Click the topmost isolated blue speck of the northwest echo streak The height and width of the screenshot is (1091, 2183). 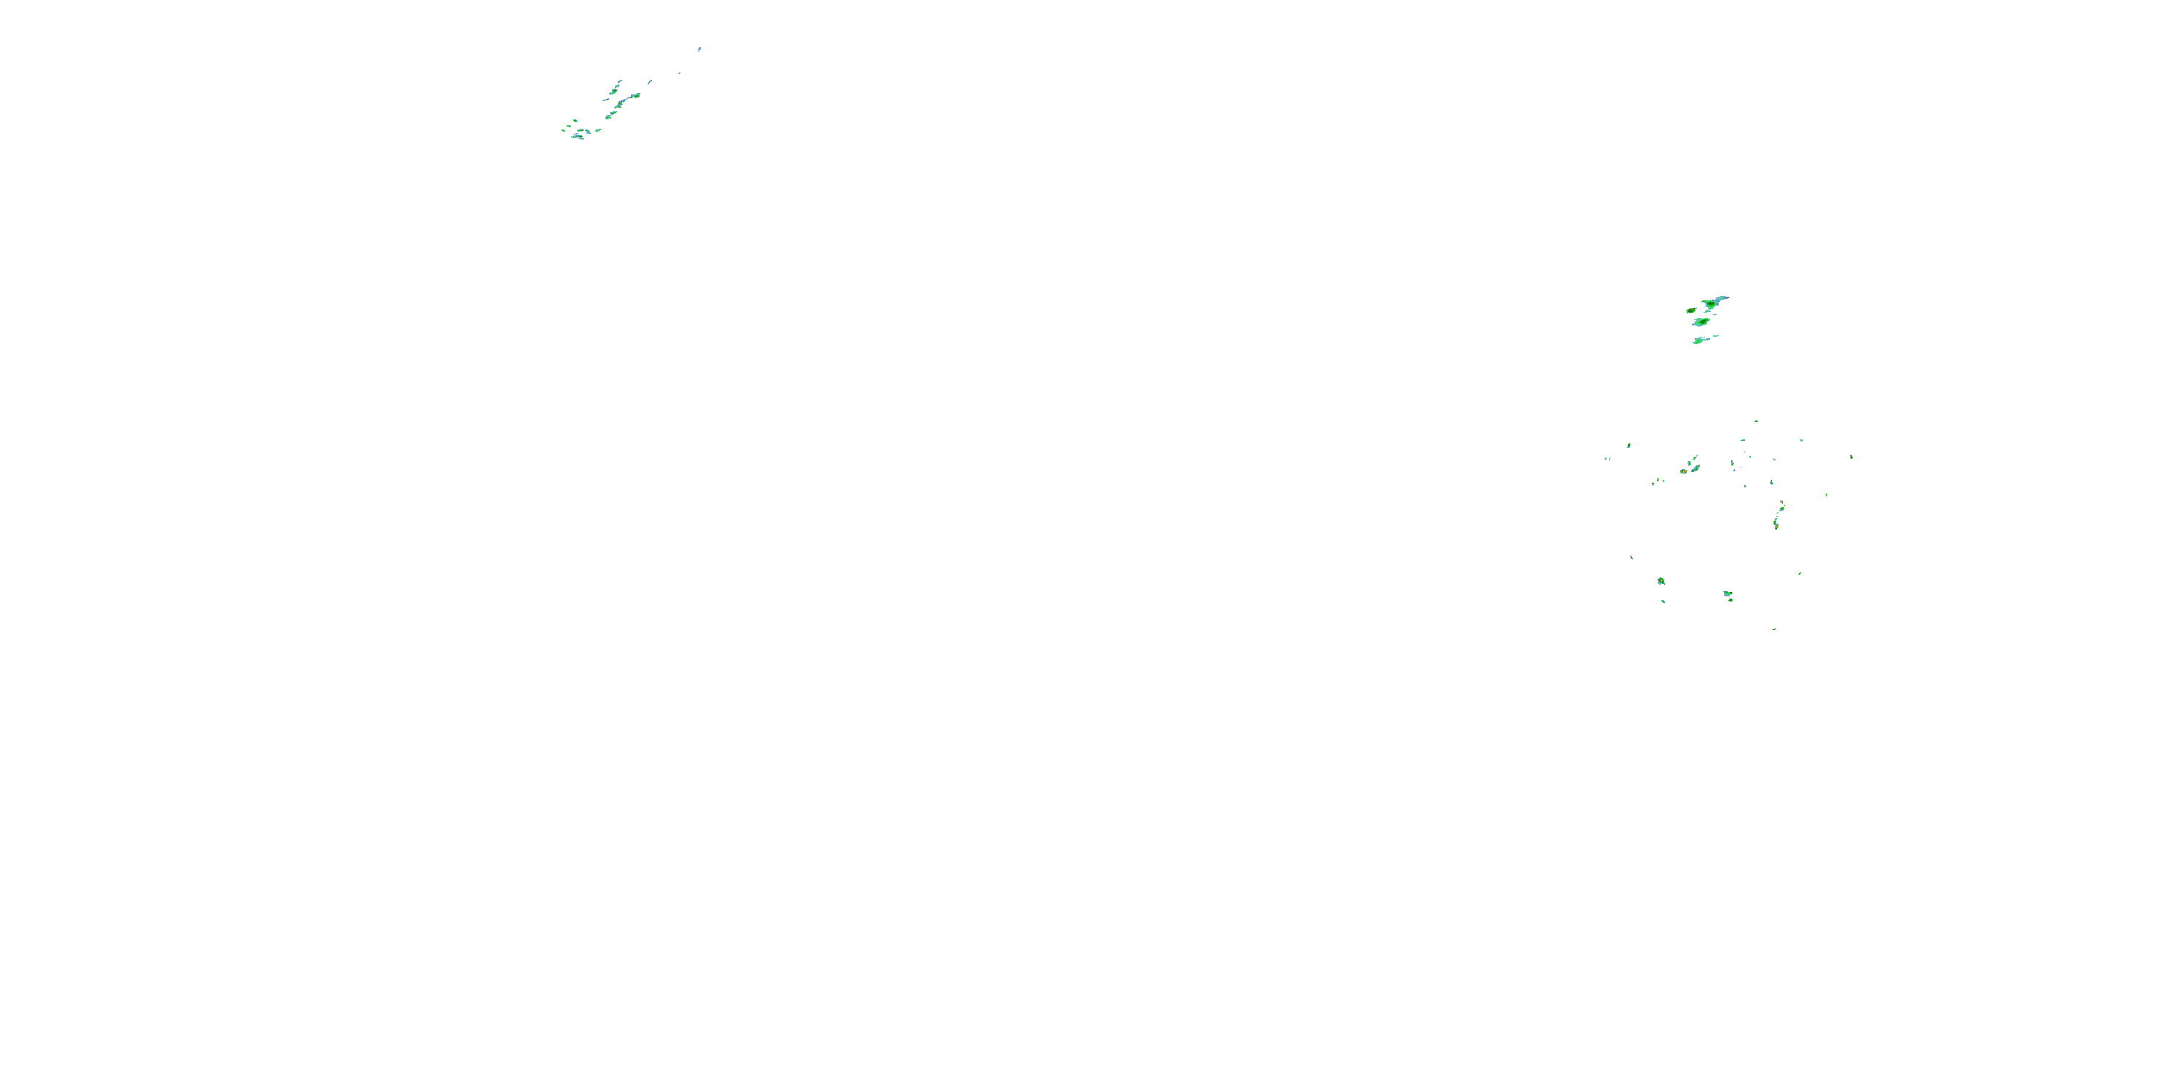[699, 49]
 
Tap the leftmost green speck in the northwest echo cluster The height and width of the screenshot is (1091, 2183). [563, 129]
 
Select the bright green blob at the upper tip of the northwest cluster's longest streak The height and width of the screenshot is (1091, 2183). [635, 96]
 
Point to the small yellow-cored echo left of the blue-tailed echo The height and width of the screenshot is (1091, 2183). [1690, 311]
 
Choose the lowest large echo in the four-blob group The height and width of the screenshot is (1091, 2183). [1699, 340]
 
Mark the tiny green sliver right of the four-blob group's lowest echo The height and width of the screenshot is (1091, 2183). [1716, 336]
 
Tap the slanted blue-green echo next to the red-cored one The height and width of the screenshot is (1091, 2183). [1695, 468]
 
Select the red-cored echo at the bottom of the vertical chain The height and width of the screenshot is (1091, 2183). [1776, 525]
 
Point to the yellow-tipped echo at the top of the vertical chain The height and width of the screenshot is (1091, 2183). [1782, 505]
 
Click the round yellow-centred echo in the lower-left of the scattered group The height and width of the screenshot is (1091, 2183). [1661, 581]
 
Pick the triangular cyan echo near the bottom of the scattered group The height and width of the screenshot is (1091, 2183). [1727, 594]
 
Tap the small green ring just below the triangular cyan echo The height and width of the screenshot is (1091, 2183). [1730, 600]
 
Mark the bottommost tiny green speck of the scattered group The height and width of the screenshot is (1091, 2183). [1775, 628]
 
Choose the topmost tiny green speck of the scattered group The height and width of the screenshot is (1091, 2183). [1756, 421]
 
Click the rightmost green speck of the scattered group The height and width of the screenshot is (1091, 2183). [1850, 457]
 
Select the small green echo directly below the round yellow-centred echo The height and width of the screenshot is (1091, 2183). [1663, 602]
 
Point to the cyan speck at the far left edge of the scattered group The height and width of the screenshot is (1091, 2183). [1606, 459]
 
